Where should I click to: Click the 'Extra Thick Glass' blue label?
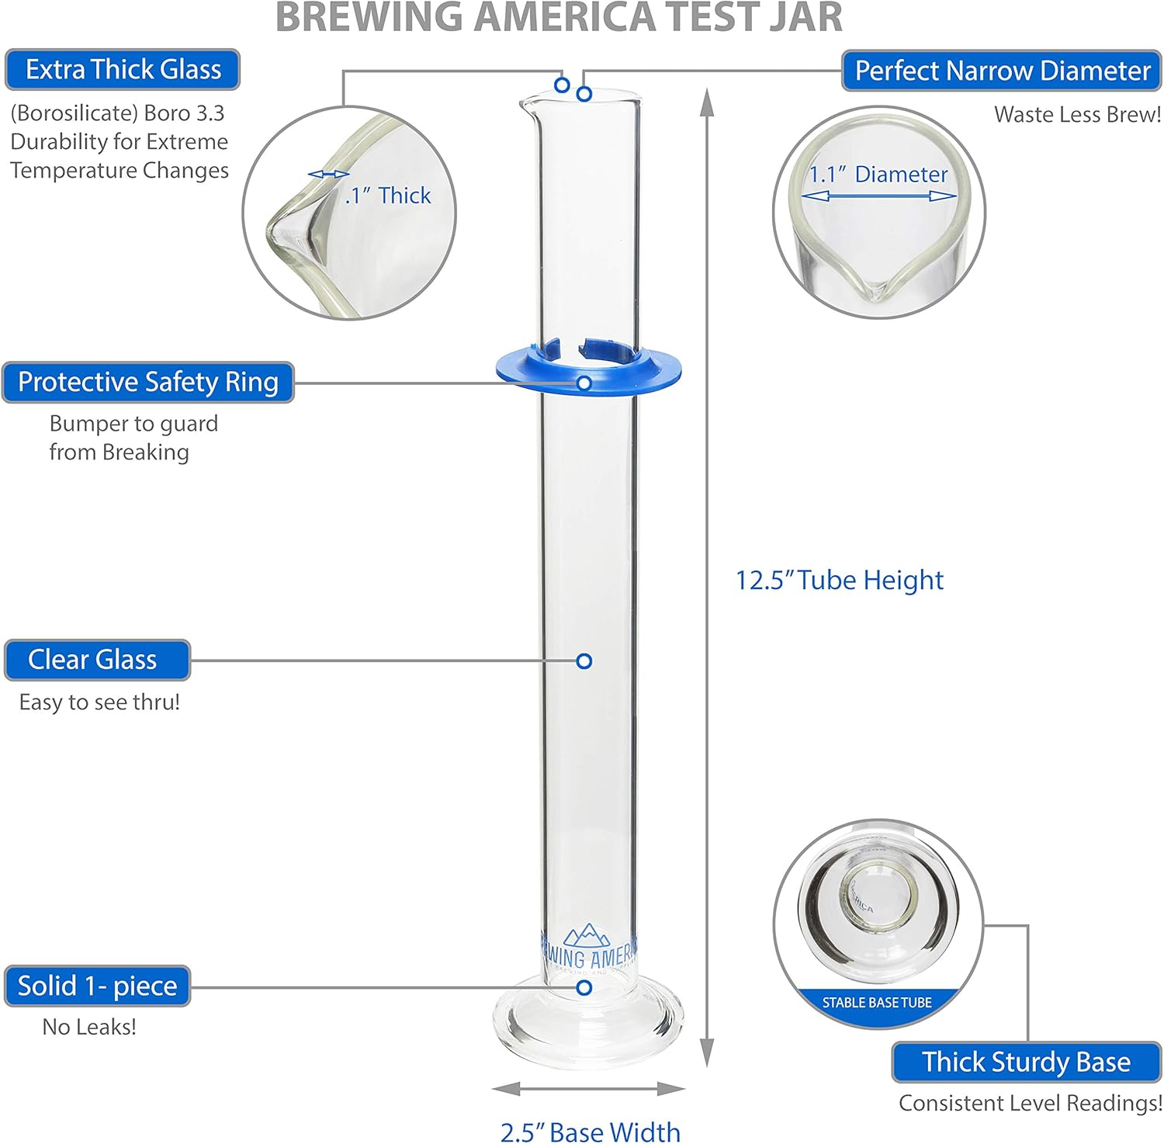(123, 70)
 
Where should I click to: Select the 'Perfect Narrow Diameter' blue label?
(1001, 71)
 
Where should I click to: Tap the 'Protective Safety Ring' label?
(147, 382)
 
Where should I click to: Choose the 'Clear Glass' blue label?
(97, 660)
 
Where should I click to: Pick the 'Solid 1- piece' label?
(97, 986)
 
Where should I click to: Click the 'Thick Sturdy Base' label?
(1026, 1062)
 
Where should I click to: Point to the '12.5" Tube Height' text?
(839, 580)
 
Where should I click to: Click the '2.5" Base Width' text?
(590, 1132)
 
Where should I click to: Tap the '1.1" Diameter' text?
(878, 175)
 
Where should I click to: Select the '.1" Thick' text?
(388, 196)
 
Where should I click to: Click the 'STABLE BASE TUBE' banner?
(877, 1002)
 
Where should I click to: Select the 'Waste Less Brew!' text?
(1077, 115)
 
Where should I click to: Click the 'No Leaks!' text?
(89, 1027)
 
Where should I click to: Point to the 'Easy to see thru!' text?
(99, 702)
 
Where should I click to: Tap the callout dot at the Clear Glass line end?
(584, 660)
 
